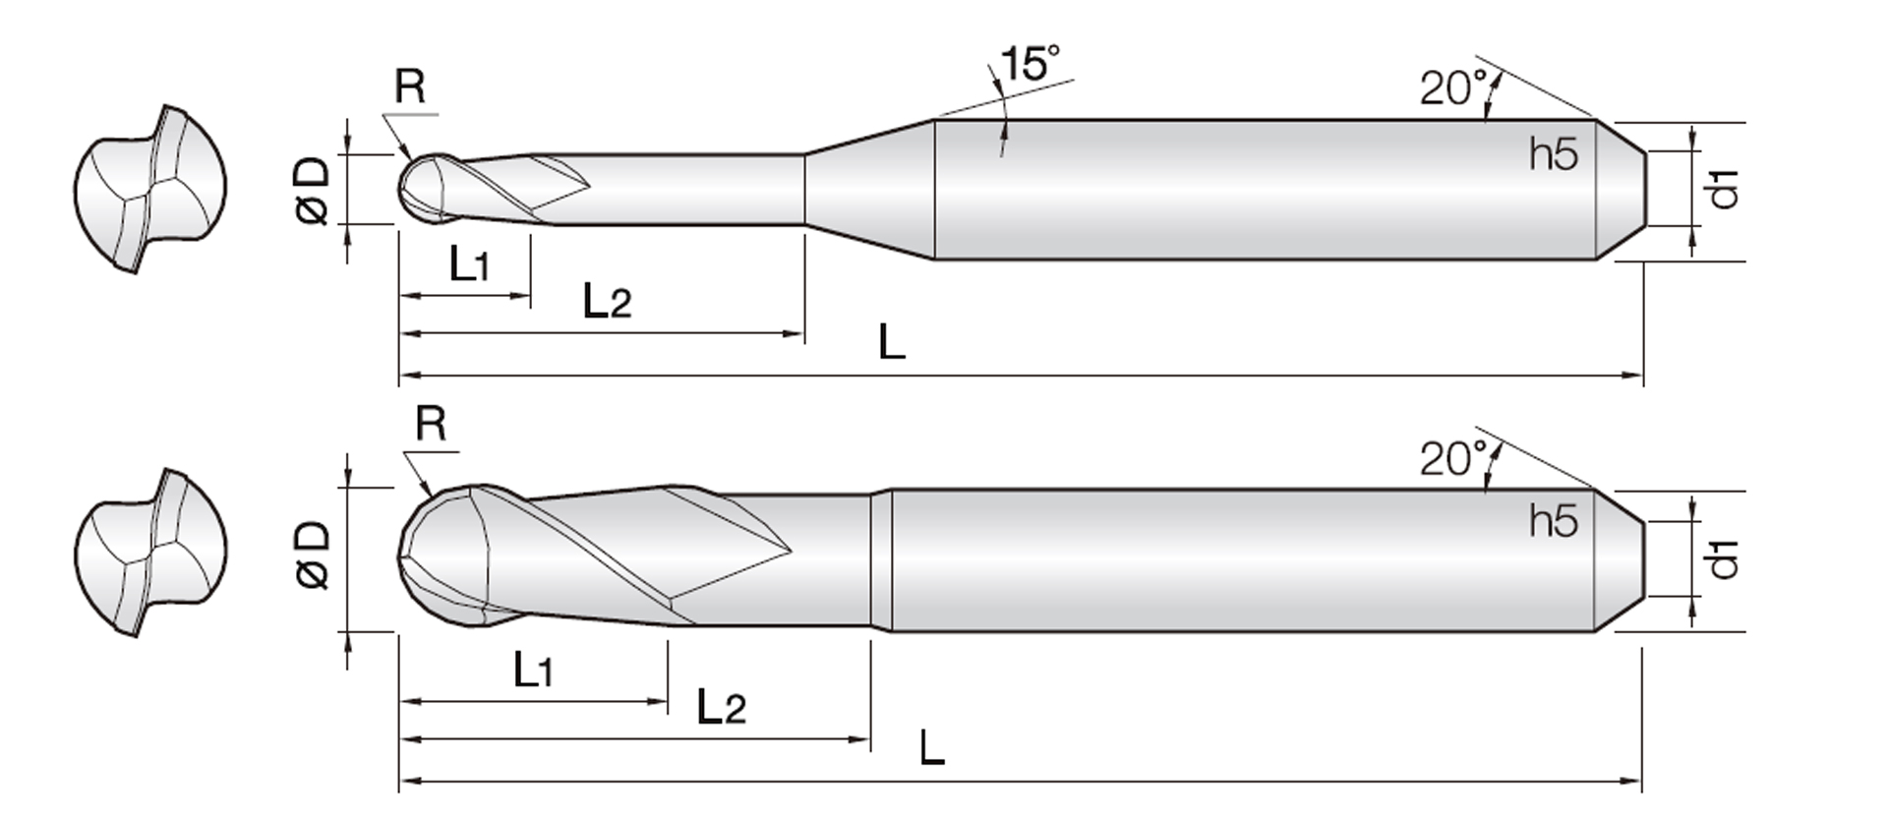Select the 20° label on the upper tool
click(1452, 88)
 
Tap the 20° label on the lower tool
click(1452, 458)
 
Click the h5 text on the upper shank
click(1554, 154)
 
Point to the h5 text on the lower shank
click(1554, 521)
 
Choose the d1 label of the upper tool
click(1725, 189)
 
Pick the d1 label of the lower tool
click(1725, 558)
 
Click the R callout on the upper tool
click(410, 88)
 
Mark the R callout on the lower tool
click(431, 425)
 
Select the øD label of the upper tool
click(313, 192)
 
